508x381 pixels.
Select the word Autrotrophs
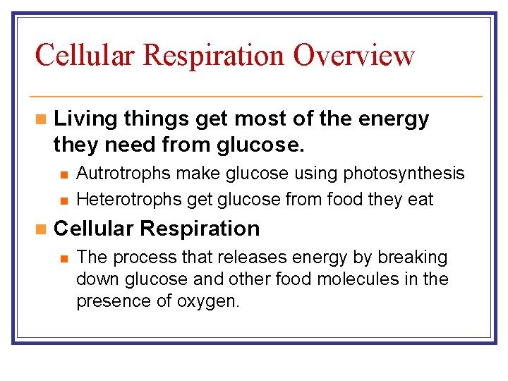tap(124, 174)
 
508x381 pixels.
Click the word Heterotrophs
tap(128, 200)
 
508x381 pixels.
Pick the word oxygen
tap(210, 302)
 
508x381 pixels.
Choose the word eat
tap(421, 200)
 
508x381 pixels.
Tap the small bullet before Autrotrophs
tap(64, 174)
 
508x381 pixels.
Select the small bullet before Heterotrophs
tap(64, 200)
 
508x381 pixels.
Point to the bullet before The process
tap(64, 258)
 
